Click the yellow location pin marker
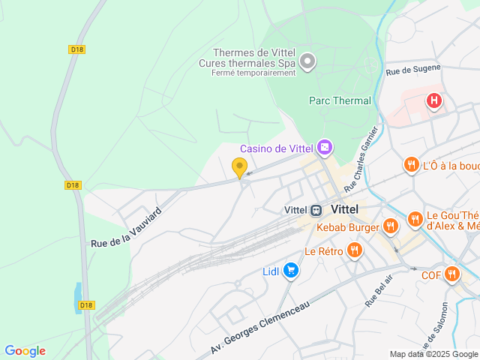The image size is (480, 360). (x=240, y=167)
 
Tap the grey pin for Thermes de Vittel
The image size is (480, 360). (x=307, y=60)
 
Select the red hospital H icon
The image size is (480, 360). (x=433, y=100)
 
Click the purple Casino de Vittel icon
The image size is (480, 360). (x=324, y=148)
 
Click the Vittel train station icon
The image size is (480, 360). (x=316, y=209)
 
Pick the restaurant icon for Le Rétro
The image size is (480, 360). (x=355, y=250)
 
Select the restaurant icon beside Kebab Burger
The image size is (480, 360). (x=390, y=226)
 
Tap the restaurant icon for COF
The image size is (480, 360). (x=451, y=274)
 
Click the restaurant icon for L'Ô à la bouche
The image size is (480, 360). (x=411, y=165)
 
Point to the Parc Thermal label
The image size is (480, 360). (x=340, y=100)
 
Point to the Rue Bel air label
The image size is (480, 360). (x=379, y=291)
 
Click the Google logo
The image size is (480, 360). (x=25, y=350)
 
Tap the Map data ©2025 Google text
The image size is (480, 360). (x=433, y=354)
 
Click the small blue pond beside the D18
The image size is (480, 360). (x=79, y=297)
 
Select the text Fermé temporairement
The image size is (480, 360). (x=253, y=73)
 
